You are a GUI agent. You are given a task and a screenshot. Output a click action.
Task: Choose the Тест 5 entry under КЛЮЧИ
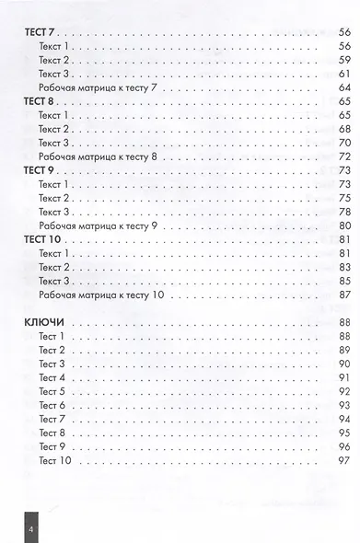52,391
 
